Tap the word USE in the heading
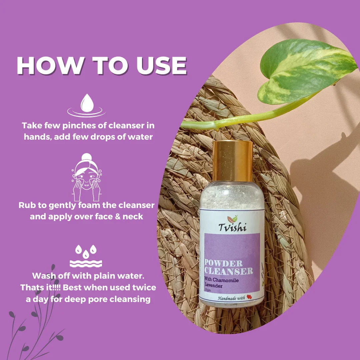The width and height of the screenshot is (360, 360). (x=161, y=66)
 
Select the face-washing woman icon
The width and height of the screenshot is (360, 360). (x=87, y=177)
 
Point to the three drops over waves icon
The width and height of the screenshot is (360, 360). (x=86, y=256)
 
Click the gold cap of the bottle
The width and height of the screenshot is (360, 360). (x=233, y=161)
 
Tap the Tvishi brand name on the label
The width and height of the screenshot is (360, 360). (x=232, y=227)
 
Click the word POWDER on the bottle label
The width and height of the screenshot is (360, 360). (x=223, y=263)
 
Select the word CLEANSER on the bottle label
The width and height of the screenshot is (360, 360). (x=229, y=271)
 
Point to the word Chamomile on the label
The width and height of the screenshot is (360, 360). (x=225, y=280)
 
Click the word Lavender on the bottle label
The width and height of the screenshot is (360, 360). (x=214, y=286)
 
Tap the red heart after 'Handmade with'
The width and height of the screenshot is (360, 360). (x=249, y=297)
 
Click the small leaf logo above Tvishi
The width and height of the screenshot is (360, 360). (x=232, y=219)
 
